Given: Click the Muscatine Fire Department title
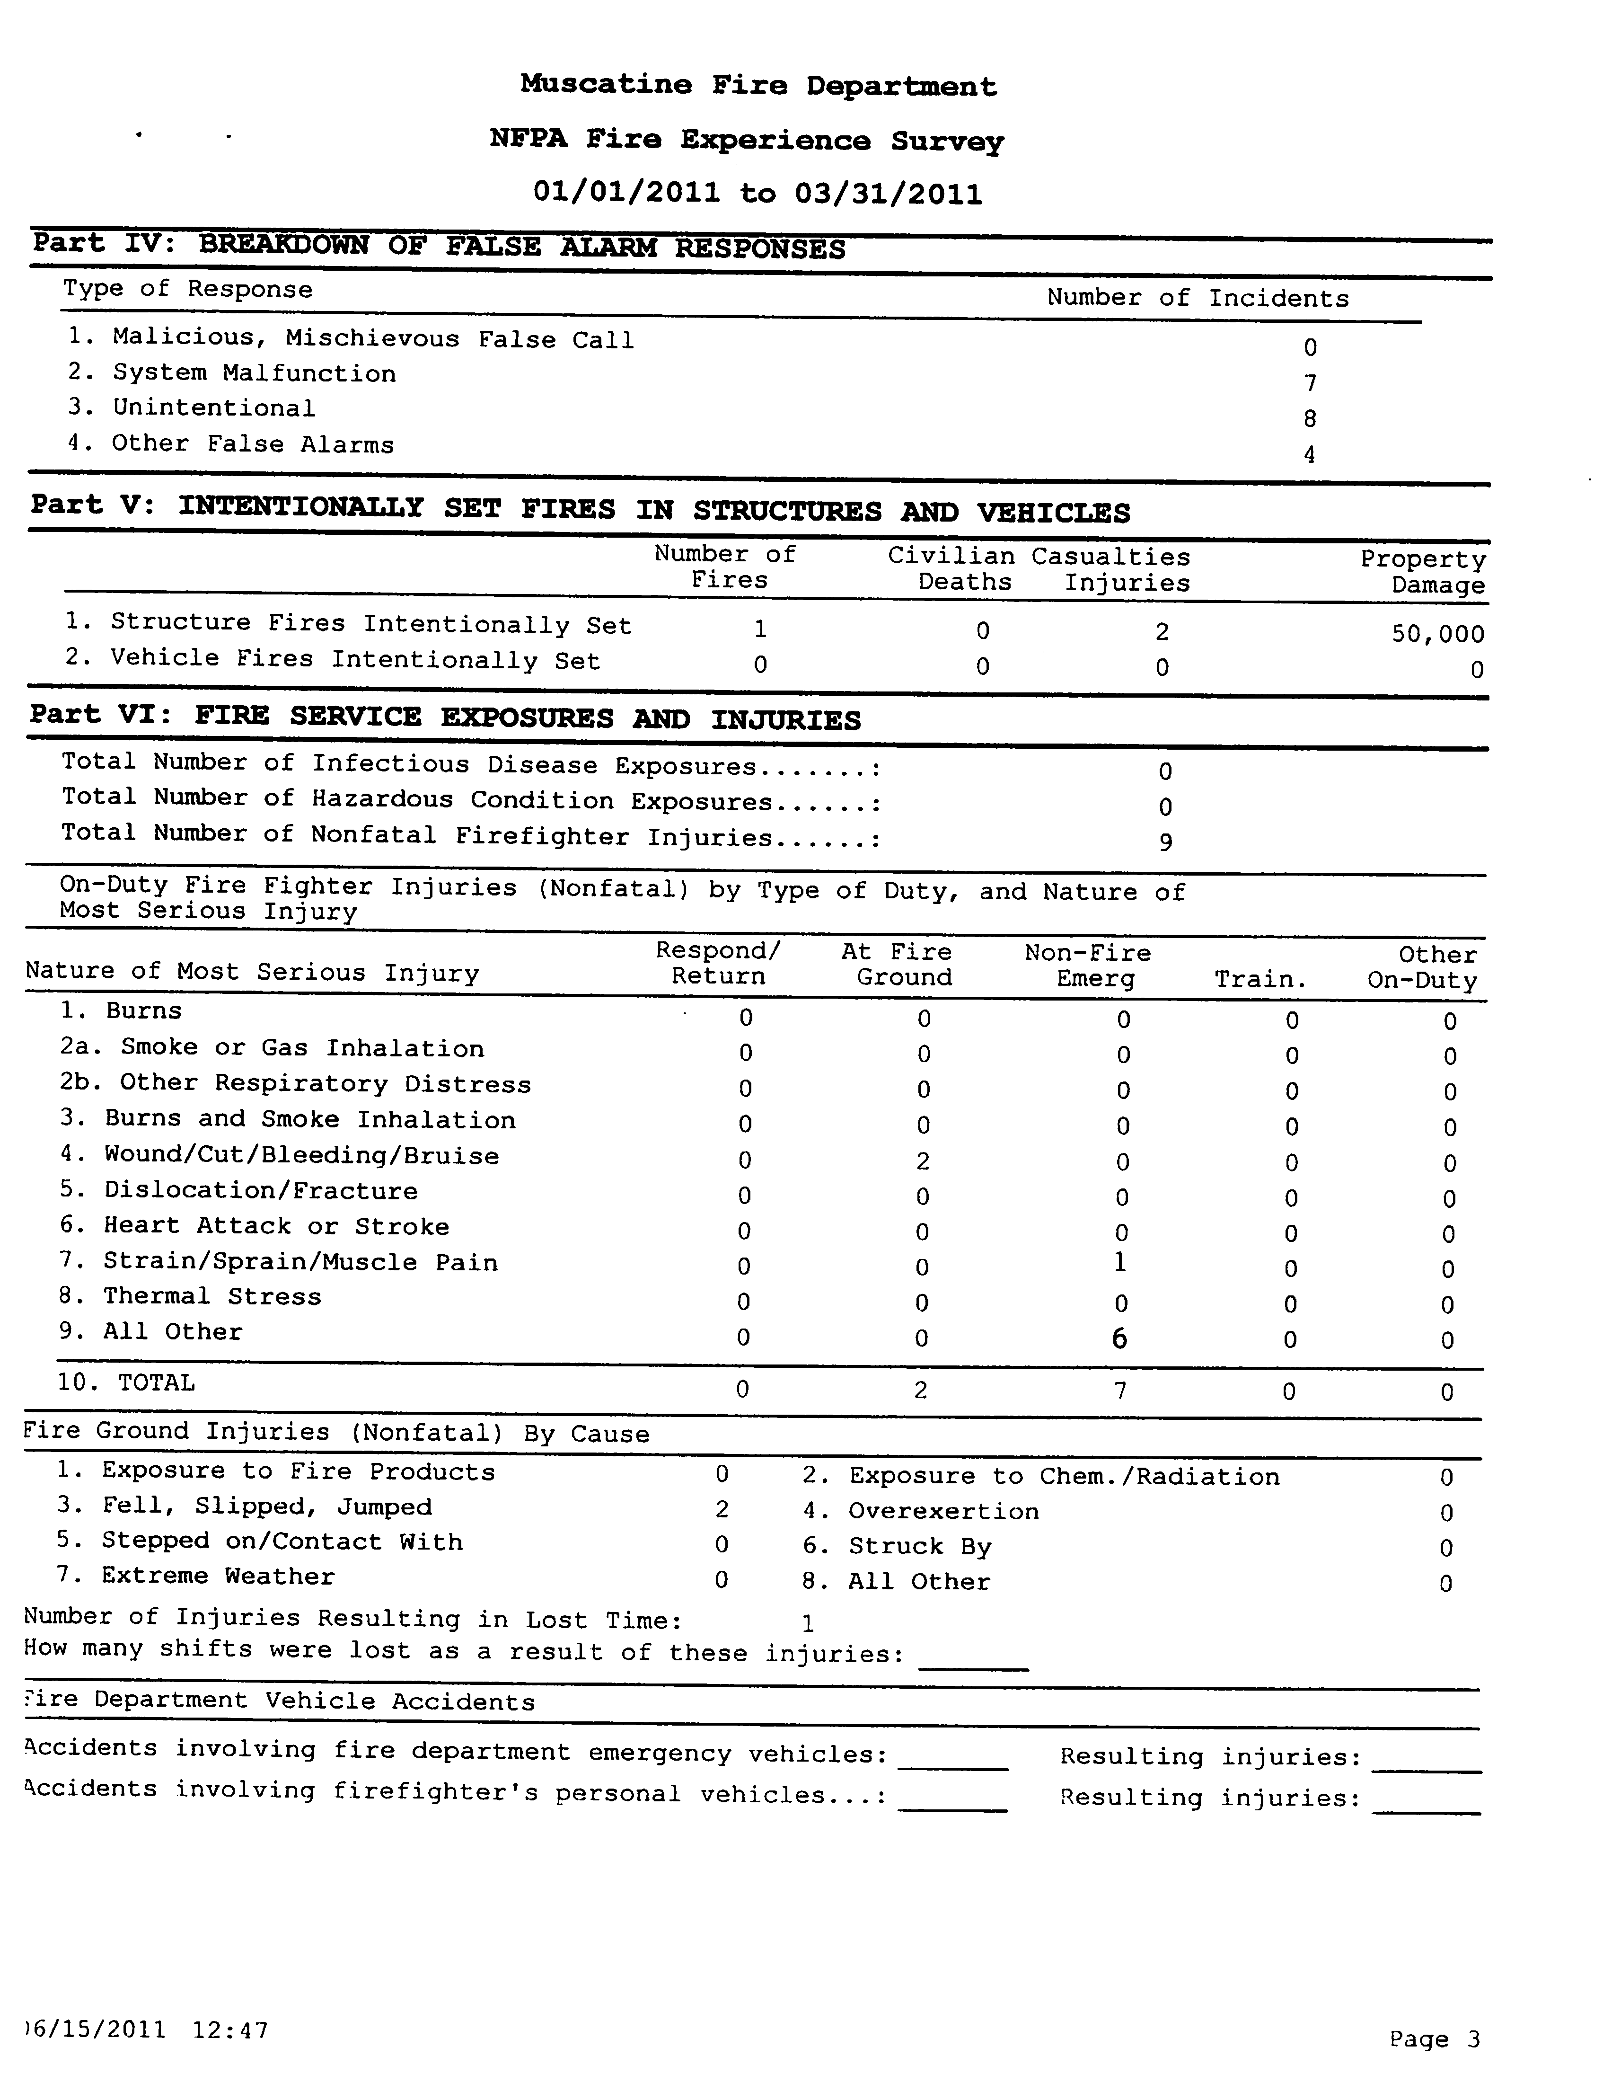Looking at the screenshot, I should coord(758,86).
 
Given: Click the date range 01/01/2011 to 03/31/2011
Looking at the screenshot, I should coord(757,194).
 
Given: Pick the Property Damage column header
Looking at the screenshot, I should coord(1424,573).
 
